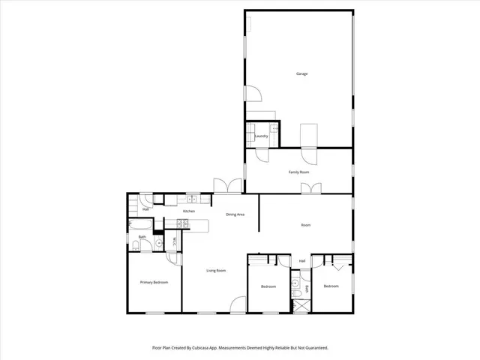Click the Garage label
click(302, 73)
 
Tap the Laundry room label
click(262, 136)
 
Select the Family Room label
click(299, 172)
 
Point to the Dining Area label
click(235, 215)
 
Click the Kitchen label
click(189, 211)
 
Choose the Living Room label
click(216, 270)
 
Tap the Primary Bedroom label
click(154, 282)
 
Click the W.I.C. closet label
click(174, 241)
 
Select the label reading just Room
click(306, 224)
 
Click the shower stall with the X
click(301, 304)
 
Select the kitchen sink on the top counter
click(192, 199)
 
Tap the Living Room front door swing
click(238, 304)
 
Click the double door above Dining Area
click(227, 186)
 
